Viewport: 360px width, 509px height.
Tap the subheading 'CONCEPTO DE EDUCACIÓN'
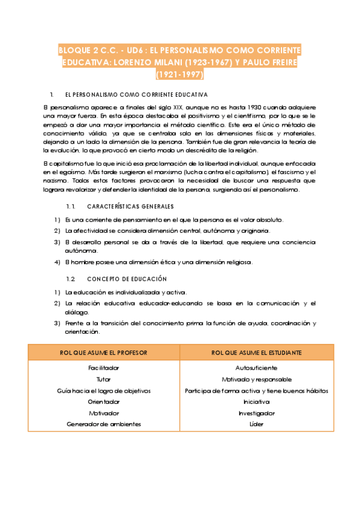click(x=127, y=279)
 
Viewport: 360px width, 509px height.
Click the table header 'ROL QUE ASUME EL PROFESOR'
click(x=104, y=352)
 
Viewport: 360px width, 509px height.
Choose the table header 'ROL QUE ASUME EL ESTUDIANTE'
click(x=257, y=352)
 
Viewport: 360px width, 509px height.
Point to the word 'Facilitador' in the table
click(x=104, y=367)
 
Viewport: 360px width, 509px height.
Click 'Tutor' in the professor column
click(x=104, y=379)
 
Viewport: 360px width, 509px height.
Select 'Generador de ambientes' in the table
click(x=104, y=424)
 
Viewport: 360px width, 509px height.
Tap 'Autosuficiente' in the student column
click(x=257, y=367)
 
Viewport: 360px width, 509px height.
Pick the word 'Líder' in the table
click(x=257, y=424)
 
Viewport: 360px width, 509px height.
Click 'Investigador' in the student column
click(x=257, y=413)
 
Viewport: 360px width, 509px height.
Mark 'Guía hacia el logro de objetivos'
click(x=104, y=390)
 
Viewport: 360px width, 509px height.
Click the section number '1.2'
click(x=70, y=279)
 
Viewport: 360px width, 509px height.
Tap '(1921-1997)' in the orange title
click(x=179, y=75)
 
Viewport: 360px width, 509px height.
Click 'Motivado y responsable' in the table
click(x=257, y=379)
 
